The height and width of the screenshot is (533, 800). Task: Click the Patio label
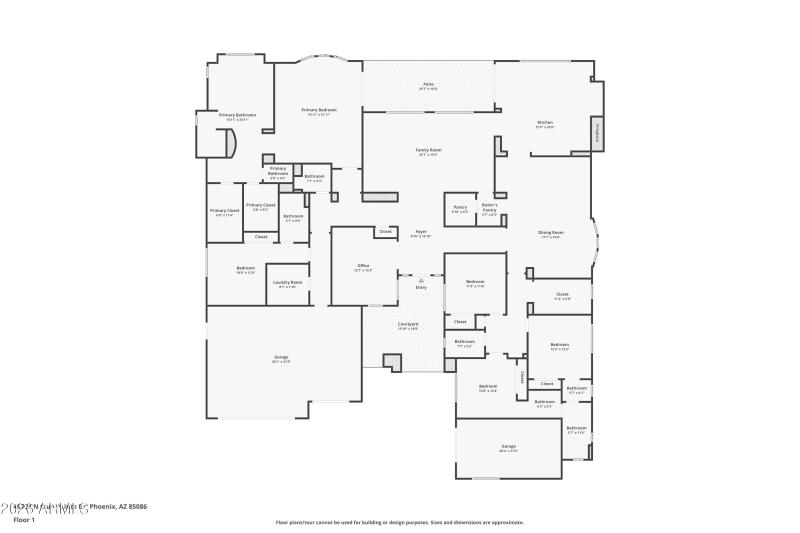click(x=427, y=86)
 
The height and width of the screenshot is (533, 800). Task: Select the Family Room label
click(x=429, y=151)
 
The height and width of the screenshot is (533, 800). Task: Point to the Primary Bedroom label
click(x=319, y=111)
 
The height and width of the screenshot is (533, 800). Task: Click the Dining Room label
click(x=551, y=234)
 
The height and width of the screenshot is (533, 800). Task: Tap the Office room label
click(x=364, y=267)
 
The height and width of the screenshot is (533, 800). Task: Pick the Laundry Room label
click(x=289, y=284)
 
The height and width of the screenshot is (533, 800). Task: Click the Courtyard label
click(x=408, y=325)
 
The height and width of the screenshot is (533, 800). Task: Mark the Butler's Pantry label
click(x=489, y=209)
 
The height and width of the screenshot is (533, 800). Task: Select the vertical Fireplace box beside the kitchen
click(x=598, y=132)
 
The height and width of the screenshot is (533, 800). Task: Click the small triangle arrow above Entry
click(x=421, y=281)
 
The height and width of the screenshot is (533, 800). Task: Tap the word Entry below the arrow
click(x=421, y=288)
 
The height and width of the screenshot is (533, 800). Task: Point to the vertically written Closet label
click(x=522, y=378)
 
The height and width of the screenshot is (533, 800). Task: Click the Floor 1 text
click(x=24, y=520)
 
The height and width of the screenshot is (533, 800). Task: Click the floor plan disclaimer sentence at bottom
click(x=399, y=522)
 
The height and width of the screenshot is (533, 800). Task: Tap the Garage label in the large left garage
click(x=281, y=358)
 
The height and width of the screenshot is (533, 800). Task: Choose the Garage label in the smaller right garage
click(x=508, y=447)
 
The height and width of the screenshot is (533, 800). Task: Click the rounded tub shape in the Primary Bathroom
click(x=229, y=143)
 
